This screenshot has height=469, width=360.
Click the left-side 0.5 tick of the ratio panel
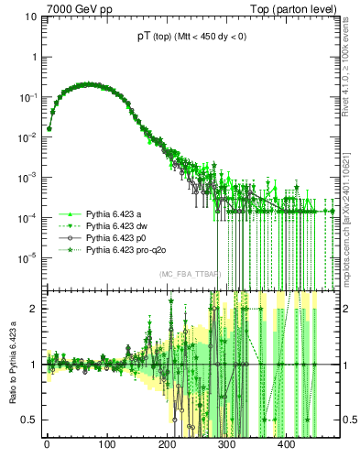27,420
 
